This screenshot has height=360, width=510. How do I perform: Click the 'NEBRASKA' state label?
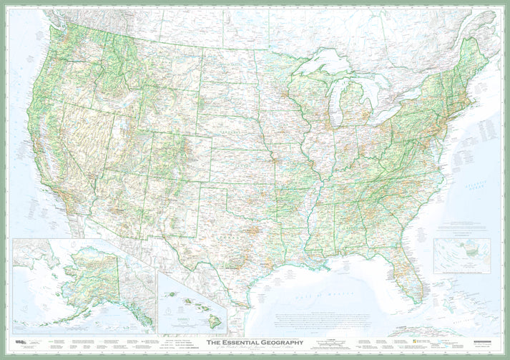pyautogui.click(x=230, y=133)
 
